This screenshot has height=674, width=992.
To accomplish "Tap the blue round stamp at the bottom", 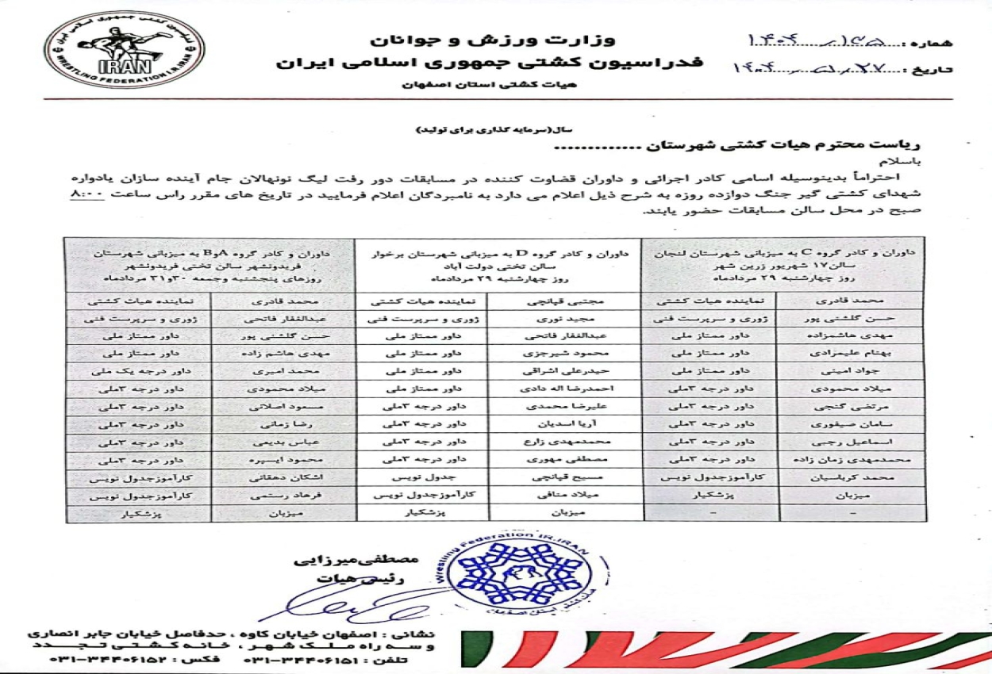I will point(524,573).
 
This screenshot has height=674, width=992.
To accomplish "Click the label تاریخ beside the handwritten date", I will point(957,71).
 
